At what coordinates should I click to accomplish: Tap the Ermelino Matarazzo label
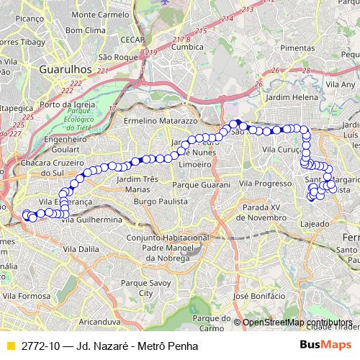[156, 121]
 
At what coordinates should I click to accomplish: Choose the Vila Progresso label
[266, 184]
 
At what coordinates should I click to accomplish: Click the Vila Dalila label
[81, 249]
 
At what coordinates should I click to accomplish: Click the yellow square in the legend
[10, 346]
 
